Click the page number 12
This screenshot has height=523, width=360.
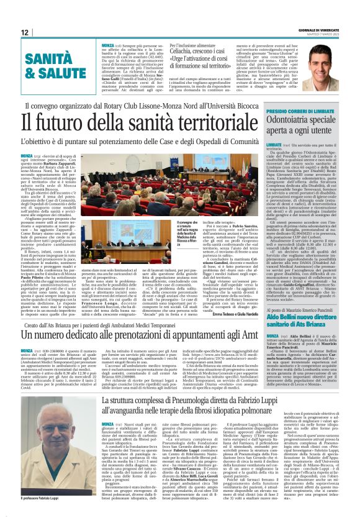pyautogui.click(x=25, y=32)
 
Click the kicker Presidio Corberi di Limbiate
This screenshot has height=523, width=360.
pyautogui.click(x=283, y=111)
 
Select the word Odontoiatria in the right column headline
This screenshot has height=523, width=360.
pyautogui.click(x=279, y=121)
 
